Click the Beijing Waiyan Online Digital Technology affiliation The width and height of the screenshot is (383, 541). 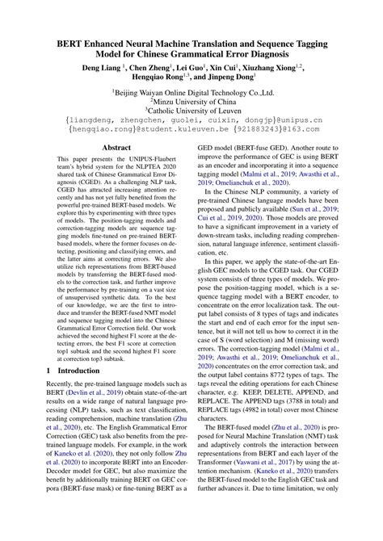[x=191, y=94]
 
